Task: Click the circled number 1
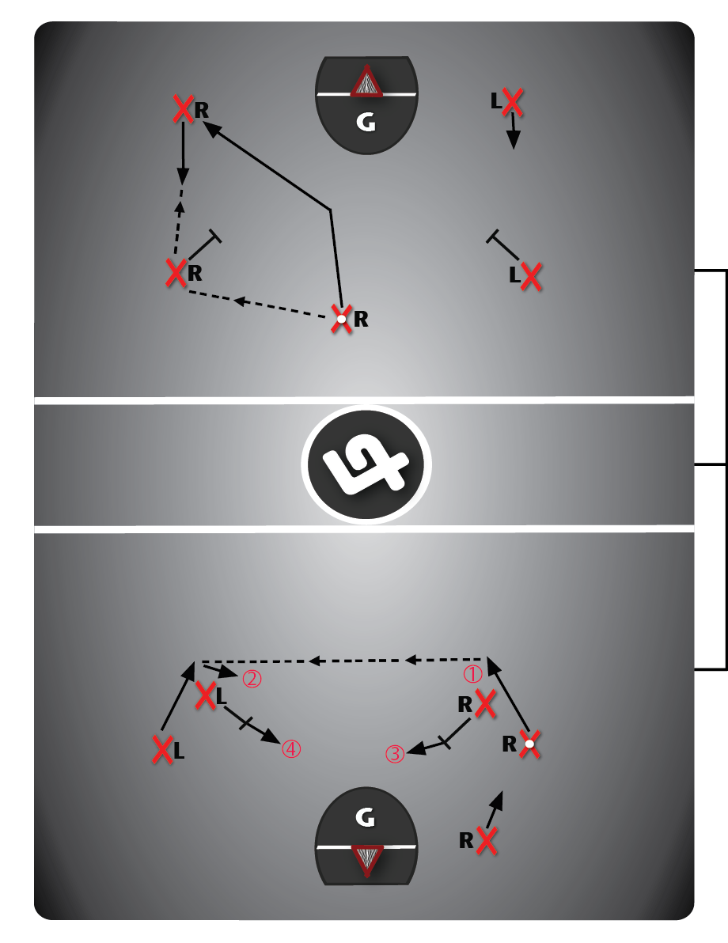point(473,674)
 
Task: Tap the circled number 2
point(252,679)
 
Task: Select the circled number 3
point(395,754)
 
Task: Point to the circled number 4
point(291,749)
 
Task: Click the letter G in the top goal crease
point(366,122)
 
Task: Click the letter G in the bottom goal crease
point(366,816)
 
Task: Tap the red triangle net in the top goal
point(366,81)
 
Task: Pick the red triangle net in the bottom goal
point(366,861)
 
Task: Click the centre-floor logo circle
point(366,464)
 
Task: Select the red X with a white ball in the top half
point(342,319)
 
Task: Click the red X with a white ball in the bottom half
point(529,744)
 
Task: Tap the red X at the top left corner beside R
point(184,108)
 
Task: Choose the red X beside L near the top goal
point(513,101)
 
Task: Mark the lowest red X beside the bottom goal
point(486,840)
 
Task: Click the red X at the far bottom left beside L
point(162,750)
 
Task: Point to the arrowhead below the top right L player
point(514,139)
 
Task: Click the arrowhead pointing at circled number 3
point(415,749)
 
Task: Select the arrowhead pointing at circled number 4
point(272,736)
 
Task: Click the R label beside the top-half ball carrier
point(361,319)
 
